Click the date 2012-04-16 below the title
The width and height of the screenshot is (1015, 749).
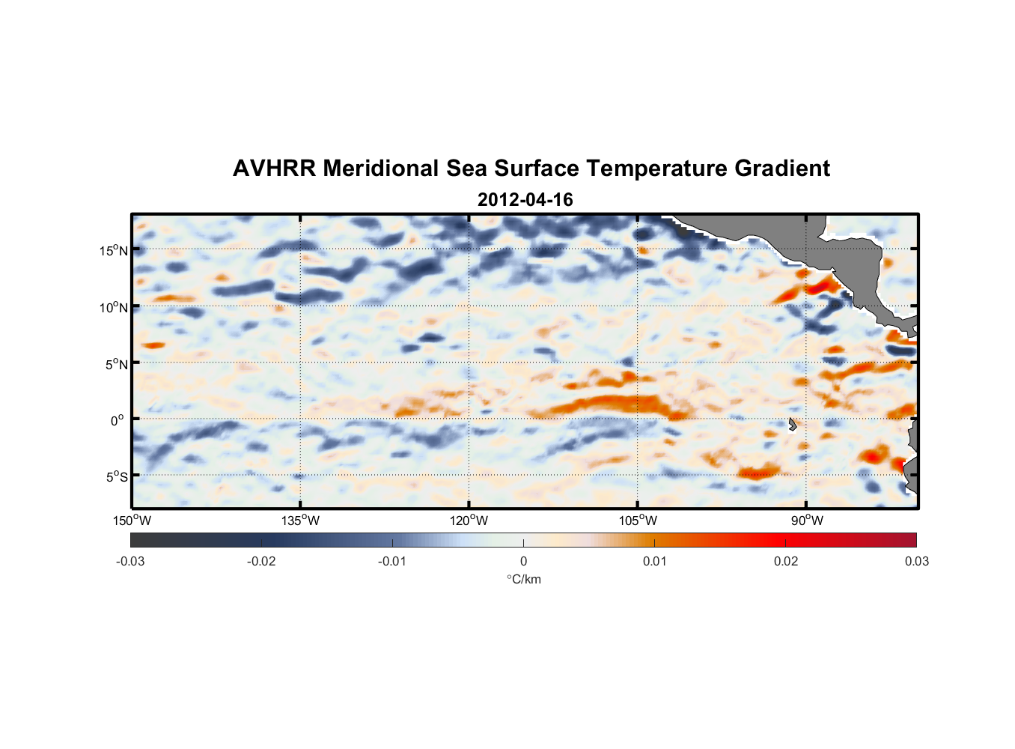(x=525, y=200)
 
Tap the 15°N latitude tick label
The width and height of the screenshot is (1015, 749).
(x=114, y=250)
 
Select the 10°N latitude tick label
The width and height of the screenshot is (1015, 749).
(x=114, y=307)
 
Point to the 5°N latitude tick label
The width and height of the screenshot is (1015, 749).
(x=116, y=364)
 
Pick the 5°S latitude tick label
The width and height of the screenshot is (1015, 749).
(x=116, y=476)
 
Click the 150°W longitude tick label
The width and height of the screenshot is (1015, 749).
(x=132, y=521)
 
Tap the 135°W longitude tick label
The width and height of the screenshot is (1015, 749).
(x=300, y=521)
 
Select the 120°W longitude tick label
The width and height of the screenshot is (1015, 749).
(x=469, y=521)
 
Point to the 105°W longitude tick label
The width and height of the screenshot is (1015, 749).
(x=638, y=521)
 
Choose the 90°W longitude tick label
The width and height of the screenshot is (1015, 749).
(x=807, y=521)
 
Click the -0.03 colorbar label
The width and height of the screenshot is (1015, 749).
(x=130, y=561)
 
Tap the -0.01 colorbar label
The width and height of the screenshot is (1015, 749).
(x=391, y=561)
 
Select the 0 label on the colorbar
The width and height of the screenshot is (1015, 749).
(x=523, y=561)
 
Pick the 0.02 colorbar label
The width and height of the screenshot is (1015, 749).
(x=785, y=561)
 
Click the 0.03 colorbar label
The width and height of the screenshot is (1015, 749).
(x=916, y=561)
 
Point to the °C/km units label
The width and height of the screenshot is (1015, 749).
(x=523, y=579)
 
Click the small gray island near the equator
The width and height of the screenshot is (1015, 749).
(x=792, y=425)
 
